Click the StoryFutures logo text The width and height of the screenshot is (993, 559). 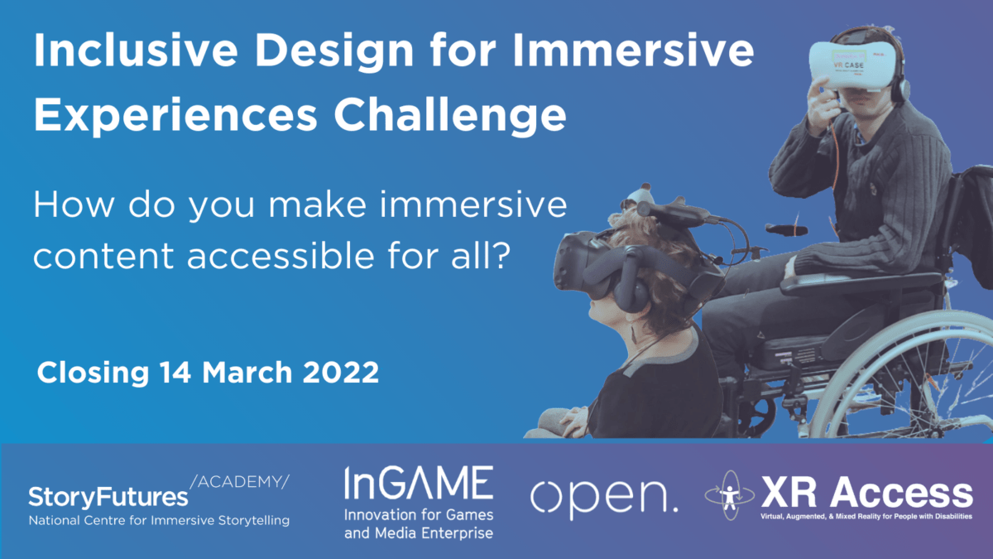(108, 497)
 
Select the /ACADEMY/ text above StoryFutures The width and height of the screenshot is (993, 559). (240, 482)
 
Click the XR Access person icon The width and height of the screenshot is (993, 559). (729, 495)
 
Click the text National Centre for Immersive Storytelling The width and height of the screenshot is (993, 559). (159, 522)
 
